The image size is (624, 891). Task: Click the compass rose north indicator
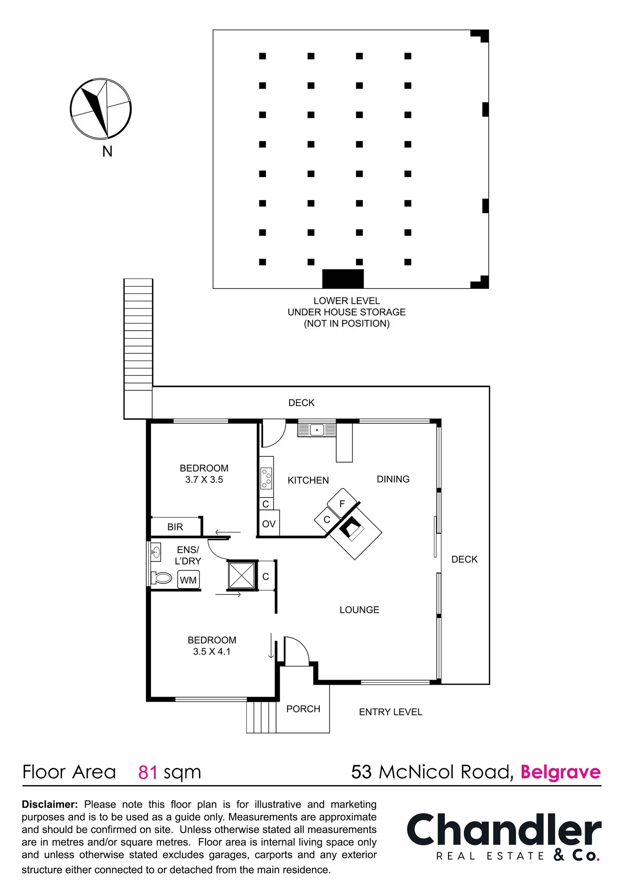pyautogui.click(x=100, y=109)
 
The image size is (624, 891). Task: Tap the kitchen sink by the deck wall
pyautogui.click(x=317, y=430)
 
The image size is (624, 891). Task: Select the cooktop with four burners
pyautogui.click(x=266, y=478)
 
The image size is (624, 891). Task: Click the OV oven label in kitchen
pyautogui.click(x=269, y=524)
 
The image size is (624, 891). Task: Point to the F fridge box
pyautogui.click(x=342, y=503)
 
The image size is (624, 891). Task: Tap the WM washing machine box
pyautogui.click(x=188, y=580)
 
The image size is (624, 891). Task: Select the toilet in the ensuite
pyautogui.click(x=162, y=577)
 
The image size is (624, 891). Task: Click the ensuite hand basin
pyautogui.click(x=156, y=552)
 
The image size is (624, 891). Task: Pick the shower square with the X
pyautogui.click(x=241, y=575)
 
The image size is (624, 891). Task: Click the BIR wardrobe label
pyautogui.click(x=175, y=527)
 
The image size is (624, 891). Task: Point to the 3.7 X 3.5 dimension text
pyautogui.click(x=204, y=480)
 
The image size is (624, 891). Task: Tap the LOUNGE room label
pyautogui.click(x=359, y=610)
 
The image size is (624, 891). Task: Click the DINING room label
pyautogui.click(x=393, y=479)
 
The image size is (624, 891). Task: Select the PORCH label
pyautogui.click(x=303, y=709)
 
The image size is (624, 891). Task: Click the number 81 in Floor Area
pyautogui.click(x=148, y=772)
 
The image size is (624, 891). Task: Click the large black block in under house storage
pyautogui.click(x=343, y=279)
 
